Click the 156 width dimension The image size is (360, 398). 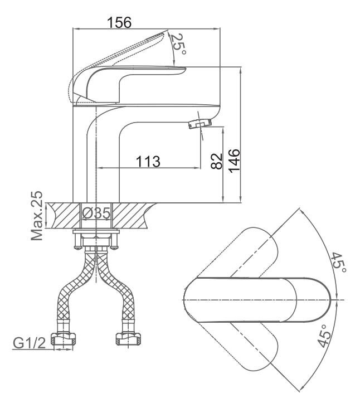(x=119, y=22)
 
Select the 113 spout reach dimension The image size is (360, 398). (x=148, y=161)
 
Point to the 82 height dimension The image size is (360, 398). (x=216, y=162)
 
